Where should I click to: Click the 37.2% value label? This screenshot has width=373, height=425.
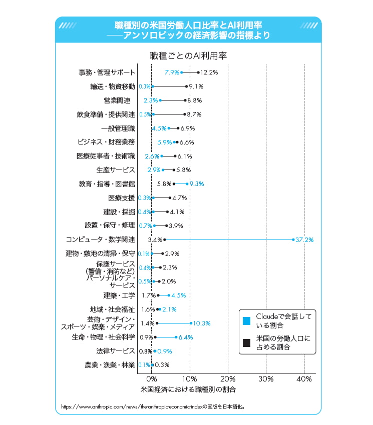pos(304,240)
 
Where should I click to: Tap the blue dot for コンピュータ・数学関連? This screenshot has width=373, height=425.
pos(293,240)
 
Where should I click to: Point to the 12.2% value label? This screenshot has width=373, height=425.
pos(209,72)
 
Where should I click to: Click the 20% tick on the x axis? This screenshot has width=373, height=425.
pos(228,379)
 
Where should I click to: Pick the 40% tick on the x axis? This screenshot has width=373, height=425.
pos(304,379)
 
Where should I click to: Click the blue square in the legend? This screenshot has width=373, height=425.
pos(245,319)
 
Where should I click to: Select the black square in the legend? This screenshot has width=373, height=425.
pos(245,343)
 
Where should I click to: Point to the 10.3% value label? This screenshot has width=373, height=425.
pos(201,323)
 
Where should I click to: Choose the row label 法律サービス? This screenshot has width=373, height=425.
pos(117,351)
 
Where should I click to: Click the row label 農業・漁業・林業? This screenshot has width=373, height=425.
pos(110,365)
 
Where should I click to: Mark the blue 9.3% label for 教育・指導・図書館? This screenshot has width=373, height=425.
pos(195,183)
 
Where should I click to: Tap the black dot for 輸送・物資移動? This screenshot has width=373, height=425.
pos(186,86)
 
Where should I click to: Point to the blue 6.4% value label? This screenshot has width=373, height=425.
pos(186,337)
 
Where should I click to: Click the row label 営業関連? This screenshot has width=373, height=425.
pos(117,100)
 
